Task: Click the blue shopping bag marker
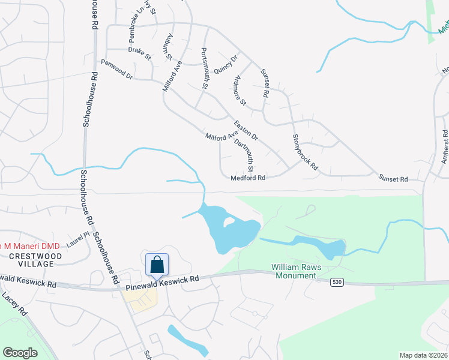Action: click(157, 265)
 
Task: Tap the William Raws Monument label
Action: click(294, 271)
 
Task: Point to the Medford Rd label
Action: click(248, 178)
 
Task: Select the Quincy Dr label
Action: click(226, 63)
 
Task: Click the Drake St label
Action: click(140, 53)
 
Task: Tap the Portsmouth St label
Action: click(204, 69)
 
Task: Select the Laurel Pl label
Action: click(77, 240)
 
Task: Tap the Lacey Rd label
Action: click(15, 305)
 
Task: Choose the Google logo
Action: click(20, 353)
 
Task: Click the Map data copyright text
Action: click(423, 355)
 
